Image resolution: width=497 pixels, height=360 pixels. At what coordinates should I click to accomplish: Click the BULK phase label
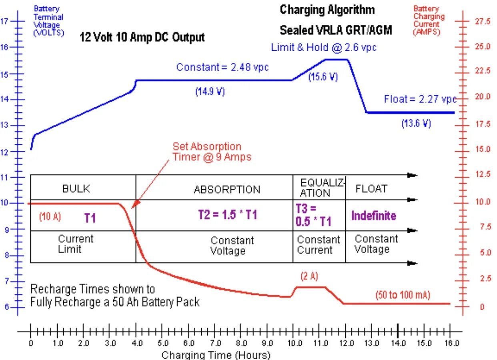[76, 189]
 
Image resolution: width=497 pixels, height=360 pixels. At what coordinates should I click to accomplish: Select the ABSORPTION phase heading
[227, 189]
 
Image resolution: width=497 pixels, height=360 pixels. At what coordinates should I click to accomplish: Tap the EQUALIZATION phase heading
[322, 188]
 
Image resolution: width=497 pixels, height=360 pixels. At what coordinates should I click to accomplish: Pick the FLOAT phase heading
[371, 189]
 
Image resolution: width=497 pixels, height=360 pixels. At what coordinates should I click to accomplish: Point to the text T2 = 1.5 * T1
[227, 215]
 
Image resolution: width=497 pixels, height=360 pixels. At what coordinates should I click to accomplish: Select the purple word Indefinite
[374, 216]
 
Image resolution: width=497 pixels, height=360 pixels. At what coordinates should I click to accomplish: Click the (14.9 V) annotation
[210, 92]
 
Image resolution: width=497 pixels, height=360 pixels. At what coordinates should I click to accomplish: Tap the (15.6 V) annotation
[323, 77]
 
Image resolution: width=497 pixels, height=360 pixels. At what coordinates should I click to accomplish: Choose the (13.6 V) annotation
[416, 124]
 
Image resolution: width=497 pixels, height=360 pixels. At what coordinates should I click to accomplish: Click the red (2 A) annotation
[309, 276]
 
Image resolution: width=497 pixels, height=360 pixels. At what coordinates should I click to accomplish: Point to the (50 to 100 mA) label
[403, 295]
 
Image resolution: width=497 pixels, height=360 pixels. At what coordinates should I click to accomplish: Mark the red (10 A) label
[50, 217]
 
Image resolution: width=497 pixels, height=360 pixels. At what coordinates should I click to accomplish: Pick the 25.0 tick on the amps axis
[482, 47]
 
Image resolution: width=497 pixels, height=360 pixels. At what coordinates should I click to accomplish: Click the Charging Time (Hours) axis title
[216, 355]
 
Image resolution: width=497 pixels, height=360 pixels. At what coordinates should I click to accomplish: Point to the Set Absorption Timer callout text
[212, 152]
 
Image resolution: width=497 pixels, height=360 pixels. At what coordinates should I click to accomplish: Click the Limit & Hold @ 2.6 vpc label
[324, 48]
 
